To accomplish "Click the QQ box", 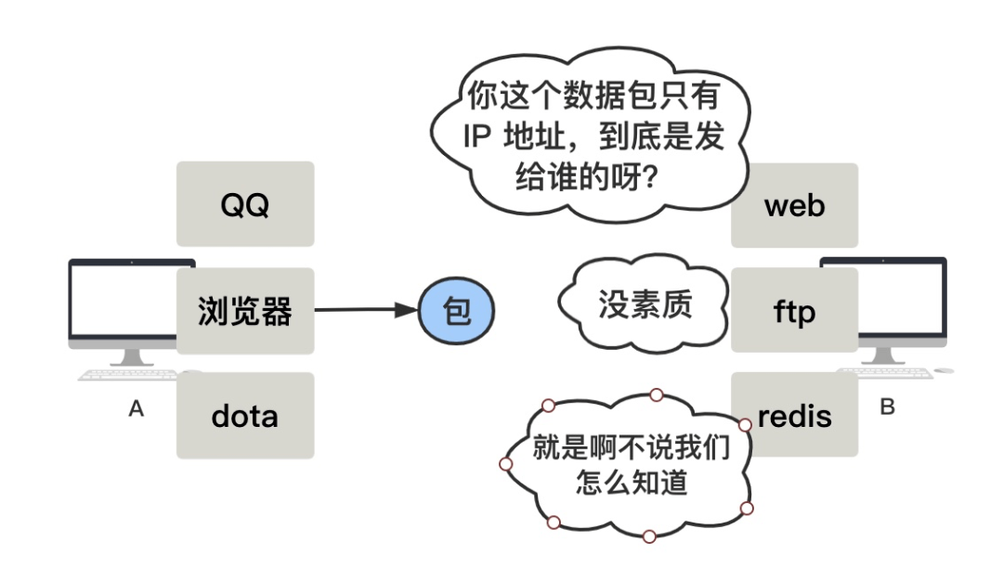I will (x=245, y=204).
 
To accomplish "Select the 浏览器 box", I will (x=245, y=311).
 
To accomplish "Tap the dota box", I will (x=245, y=415).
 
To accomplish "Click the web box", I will (x=794, y=205).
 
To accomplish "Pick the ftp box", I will (x=794, y=311).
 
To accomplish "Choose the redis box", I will (x=794, y=415).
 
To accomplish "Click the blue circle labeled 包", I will (x=457, y=311).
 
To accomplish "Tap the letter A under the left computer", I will (x=137, y=409).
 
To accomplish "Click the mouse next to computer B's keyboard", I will (x=943, y=370).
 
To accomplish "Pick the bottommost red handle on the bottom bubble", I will (x=649, y=536).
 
